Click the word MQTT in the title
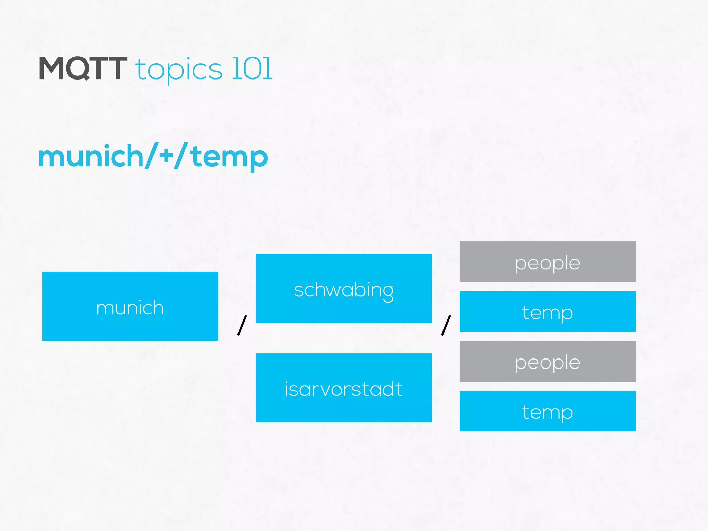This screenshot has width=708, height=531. pyautogui.click(x=83, y=68)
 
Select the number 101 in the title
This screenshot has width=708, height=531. pyautogui.click(x=252, y=68)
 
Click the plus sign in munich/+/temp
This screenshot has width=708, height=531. pyautogui.click(x=166, y=156)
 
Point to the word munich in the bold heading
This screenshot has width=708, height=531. pyautogui.click(x=91, y=156)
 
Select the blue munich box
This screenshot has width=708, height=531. pyautogui.click(x=130, y=306)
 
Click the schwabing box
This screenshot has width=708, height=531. pyautogui.click(x=344, y=288)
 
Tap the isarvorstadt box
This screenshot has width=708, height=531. pyautogui.click(x=344, y=388)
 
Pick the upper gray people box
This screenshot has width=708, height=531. pyautogui.click(x=548, y=262)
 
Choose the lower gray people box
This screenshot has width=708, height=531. pyautogui.click(x=548, y=361)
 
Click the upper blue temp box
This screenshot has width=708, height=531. pyautogui.click(x=548, y=311)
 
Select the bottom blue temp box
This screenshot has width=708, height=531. pyautogui.click(x=548, y=411)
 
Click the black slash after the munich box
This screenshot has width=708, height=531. pyautogui.click(x=242, y=325)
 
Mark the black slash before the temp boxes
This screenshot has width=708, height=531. pyautogui.click(x=446, y=325)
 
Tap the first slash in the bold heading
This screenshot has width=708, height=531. pyautogui.click(x=151, y=155)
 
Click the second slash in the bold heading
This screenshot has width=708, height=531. pyautogui.click(x=181, y=155)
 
